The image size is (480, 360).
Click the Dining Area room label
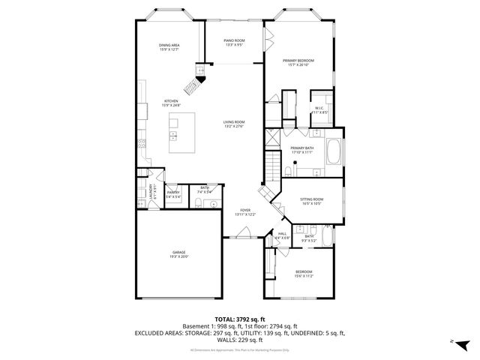click(169, 47)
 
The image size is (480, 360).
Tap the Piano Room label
click(235, 43)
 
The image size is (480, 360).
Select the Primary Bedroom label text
click(298, 62)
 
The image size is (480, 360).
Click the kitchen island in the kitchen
click(184, 133)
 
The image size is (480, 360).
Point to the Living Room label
click(234, 124)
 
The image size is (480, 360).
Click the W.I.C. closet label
click(319, 109)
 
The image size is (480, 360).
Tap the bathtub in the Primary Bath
click(334, 151)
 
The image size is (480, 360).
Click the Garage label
click(178, 254)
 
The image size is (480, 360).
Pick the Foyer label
click(244, 212)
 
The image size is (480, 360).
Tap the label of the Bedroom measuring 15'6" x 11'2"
click(303, 273)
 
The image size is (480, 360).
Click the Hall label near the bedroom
click(283, 235)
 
